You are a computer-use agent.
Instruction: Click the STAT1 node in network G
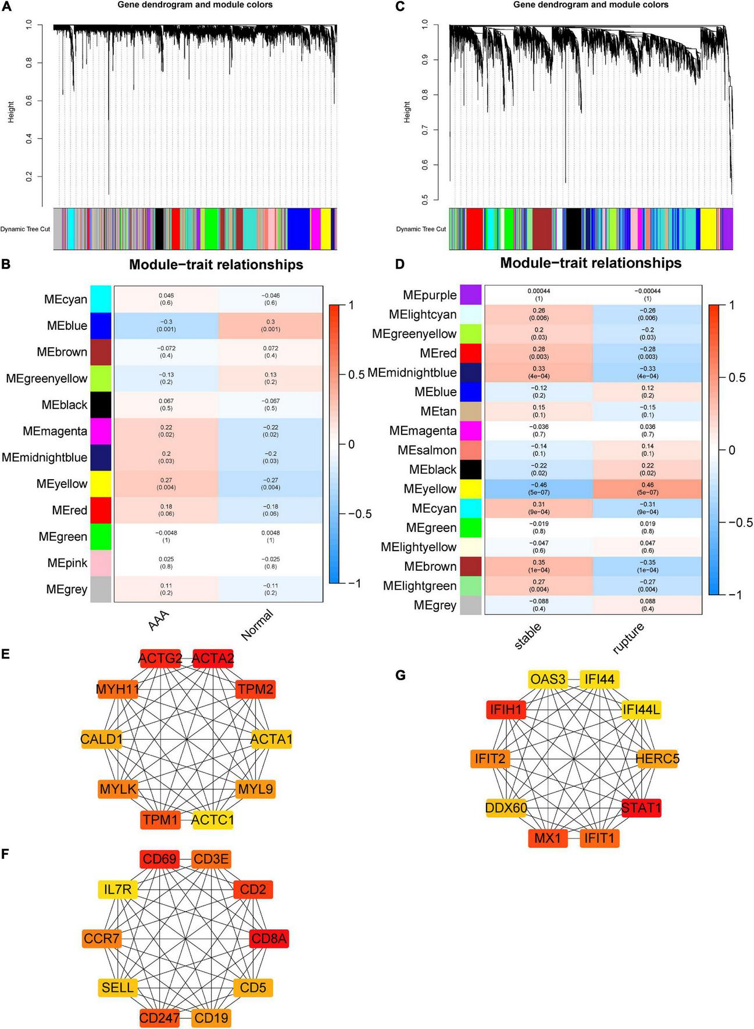(x=641, y=808)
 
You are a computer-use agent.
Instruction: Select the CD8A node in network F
(x=269, y=938)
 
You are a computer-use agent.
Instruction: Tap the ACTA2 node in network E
(x=213, y=658)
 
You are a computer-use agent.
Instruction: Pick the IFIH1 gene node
(x=506, y=709)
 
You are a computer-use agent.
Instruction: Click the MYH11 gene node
(x=117, y=689)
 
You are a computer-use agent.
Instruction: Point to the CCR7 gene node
(x=102, y=938)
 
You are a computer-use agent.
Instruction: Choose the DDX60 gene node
(x=506, y=808)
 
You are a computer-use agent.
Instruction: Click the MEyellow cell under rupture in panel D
(x=647, y=488)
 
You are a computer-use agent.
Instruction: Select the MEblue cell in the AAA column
(x=166, y=325)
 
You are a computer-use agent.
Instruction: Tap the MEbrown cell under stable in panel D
(x=538, y=566)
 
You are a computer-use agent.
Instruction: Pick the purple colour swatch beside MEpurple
(x=471, y=295)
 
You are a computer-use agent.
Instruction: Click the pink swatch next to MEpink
(x=101, y=563)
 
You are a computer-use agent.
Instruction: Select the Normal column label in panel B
(x=257, y=625)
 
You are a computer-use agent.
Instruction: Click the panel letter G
(x=400, y=675)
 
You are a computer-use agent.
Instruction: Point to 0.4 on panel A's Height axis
(x=29, y=139)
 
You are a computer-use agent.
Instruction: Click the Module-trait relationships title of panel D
(x=591, y=263)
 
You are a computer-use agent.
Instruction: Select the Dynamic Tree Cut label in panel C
(x=421, y=229)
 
